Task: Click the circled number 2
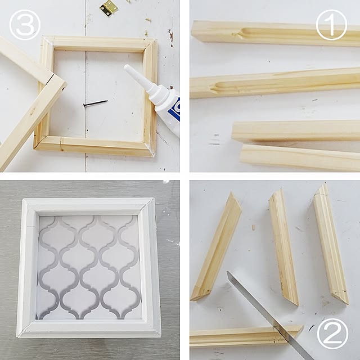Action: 332,334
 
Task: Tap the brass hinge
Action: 109,8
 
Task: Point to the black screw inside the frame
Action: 95,103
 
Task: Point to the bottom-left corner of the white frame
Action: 22,331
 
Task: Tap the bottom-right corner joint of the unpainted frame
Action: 149,151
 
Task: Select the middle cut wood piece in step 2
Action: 283,248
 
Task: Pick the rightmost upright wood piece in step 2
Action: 330,245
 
